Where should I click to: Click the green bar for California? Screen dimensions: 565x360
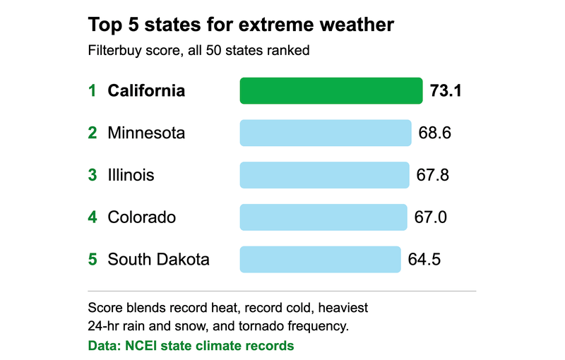pos(331,91)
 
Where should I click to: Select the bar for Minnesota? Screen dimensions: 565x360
pos(326,133)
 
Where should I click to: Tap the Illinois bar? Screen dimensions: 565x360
pos(325,175)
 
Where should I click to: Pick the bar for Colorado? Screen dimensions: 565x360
pos(323,217)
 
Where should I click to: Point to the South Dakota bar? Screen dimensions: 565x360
pos(321,259)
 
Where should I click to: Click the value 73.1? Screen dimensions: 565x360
pos(446,91)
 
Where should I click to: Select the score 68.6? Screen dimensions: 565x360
pos(434,133)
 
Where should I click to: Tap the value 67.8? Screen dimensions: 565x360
pos(432,175)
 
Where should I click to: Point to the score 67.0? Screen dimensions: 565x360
pos(430,217)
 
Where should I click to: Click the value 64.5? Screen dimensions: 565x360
pos(424,259)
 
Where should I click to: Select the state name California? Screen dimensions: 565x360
pos(146,91)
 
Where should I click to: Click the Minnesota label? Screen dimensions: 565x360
pos(146,133)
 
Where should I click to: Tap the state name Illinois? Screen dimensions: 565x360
pos(131,175)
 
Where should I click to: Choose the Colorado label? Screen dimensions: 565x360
pos(142,217)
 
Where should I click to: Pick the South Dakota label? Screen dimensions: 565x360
pos(158,259)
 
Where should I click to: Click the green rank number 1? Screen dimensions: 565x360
pos(93,91)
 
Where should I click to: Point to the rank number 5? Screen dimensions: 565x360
pos(93,259)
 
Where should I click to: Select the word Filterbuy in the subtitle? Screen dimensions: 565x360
pos(114,50)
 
